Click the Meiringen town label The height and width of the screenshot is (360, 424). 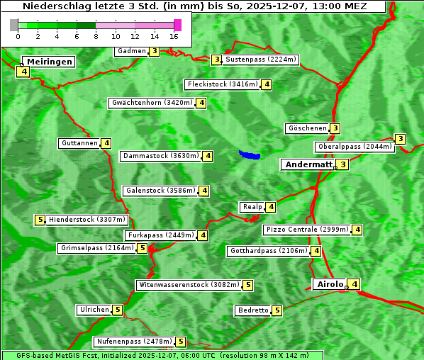tap(50, 62)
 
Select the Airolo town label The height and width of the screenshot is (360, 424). tap(330, 284)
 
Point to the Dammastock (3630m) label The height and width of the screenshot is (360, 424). tap(161, 156)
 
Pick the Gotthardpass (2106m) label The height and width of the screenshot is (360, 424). tap(268, 251)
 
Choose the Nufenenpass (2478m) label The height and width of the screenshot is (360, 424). tap(134, 342)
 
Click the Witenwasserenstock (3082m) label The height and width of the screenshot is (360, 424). tap(189, 285)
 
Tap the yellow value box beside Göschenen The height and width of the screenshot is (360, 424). tap(335, 128)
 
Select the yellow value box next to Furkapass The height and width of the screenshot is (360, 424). tap(203, 235)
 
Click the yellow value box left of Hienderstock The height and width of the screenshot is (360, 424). tap(40, 220)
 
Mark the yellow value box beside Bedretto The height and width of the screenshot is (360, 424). tap(277, 310)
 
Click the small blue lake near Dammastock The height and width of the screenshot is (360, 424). tap(249, 154)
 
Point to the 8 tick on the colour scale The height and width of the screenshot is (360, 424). tap(96, 35)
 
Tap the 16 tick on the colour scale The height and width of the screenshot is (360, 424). tap(174, 35)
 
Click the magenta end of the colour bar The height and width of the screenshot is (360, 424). tap(177, 25)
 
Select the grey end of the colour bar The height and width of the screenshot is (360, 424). tap(14, 25)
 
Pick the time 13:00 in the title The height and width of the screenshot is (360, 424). tap(325, 6)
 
